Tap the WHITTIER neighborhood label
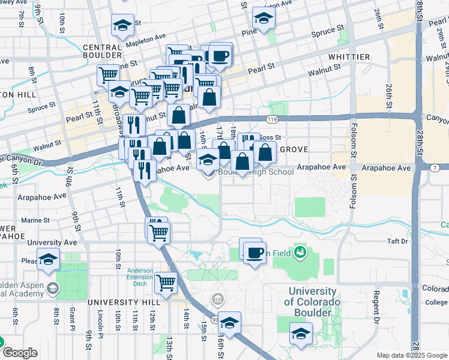(349, 56)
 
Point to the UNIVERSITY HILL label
(118, 302)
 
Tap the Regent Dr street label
(376, 305)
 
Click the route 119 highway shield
(273, 120)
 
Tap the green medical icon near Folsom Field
(300, 252)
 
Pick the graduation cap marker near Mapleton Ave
(122, 26)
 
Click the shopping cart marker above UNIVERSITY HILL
(166, 281)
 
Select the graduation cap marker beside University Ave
(48, 259)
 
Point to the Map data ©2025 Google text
(411, 355)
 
